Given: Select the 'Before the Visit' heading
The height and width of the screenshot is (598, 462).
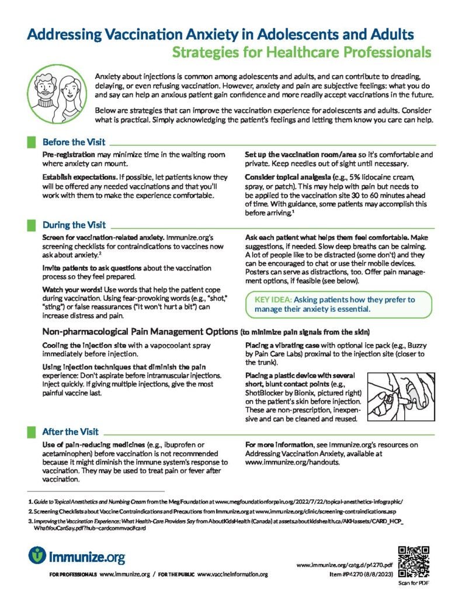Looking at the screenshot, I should pos(74,142).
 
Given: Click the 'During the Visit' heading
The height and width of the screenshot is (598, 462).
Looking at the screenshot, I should pos(74,225).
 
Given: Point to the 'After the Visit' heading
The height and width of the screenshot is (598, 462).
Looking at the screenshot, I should pos(71,432).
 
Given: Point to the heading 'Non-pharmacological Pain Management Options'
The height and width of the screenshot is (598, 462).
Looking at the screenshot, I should pos(140,332).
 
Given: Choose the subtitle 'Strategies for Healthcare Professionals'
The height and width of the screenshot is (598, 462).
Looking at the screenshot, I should pos(301,53).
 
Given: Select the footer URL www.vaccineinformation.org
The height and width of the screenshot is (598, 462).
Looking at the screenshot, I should pos(232,575).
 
